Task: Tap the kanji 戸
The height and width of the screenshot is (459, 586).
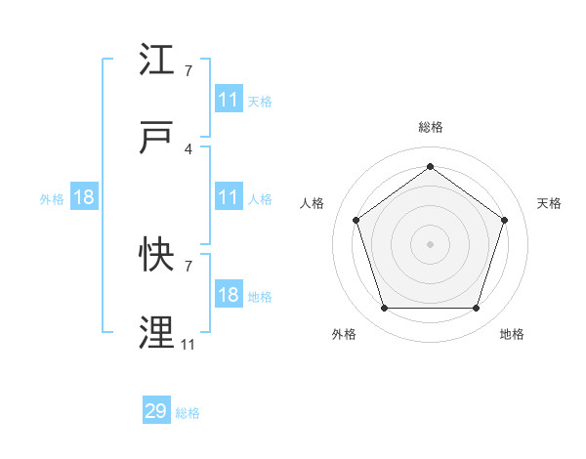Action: [x=156, y=139]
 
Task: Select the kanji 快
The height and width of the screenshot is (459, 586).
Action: [x=156, y=256]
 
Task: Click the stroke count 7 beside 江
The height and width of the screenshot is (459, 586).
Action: [x=188, y=71]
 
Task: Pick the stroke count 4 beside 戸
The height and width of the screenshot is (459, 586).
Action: [x=188, y=148]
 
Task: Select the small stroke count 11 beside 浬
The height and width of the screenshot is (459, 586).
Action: [x=188, y=344]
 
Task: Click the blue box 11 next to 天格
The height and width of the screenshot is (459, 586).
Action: [x=228, y=100]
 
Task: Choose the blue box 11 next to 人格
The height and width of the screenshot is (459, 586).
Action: [x=228, y=197]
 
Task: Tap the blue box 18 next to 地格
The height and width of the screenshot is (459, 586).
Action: [x=228, y=295]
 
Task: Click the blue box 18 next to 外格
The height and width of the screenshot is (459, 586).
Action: [x=84, y=197]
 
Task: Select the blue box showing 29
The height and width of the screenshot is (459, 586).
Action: [x=156, y=411]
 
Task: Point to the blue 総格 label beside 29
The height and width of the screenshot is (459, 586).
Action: [x=188, y=413]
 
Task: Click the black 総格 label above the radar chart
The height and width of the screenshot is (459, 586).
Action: [x=430, y=127]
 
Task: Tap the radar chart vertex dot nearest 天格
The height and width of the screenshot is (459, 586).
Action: [x=505, y=220]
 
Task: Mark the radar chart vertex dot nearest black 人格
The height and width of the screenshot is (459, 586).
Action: [x=356, y=220]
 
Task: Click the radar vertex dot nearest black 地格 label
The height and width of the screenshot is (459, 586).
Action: [x=476, y=309]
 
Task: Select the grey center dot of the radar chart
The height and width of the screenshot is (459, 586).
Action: [x=430, y=243]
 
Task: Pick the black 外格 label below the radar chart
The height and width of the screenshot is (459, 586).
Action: [x=344, y=334]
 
